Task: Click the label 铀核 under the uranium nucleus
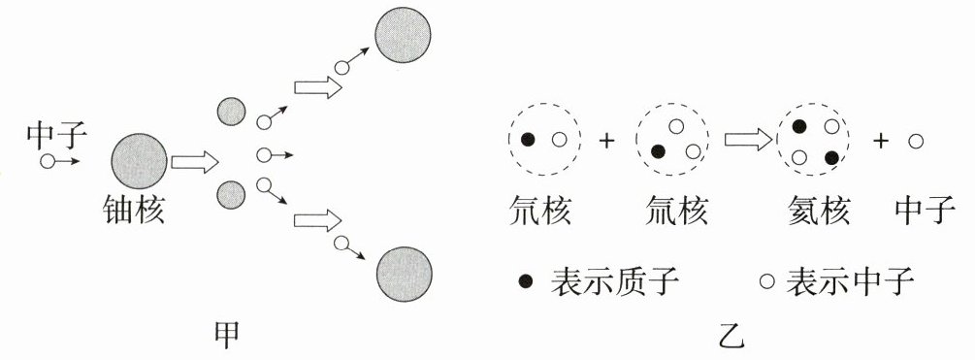tap(133, 212)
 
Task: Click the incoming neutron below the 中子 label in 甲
tap(47, 162)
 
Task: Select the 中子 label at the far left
tap(57, 136)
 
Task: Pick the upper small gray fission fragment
tap(231, 112)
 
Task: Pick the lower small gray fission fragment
tap(231, 195)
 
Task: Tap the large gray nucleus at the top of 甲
tap(403, 35)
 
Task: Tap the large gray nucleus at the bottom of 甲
tap(405, 275)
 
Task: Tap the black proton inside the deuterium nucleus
tap(528, 140)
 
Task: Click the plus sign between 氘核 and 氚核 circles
tap(606, 141)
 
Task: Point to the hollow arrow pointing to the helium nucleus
tap(749, 140)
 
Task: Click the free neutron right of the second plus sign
tap(915, 141)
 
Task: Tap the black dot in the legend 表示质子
tap(526, 281)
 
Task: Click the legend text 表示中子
tap(850, 281)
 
